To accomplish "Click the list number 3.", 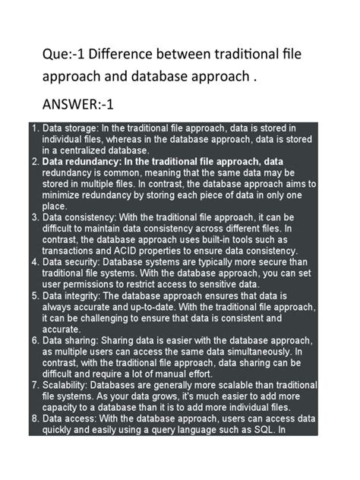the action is coord(35,217).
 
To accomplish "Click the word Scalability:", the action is coord(70,385).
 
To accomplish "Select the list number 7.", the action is coord(35,385).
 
